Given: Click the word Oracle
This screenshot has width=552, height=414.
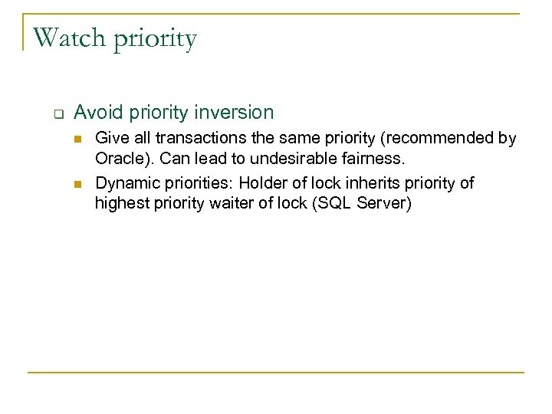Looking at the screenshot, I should pyautogui.click(x=120, y=160).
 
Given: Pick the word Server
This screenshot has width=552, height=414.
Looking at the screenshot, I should pyautogui.click(x=383, y=205).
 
